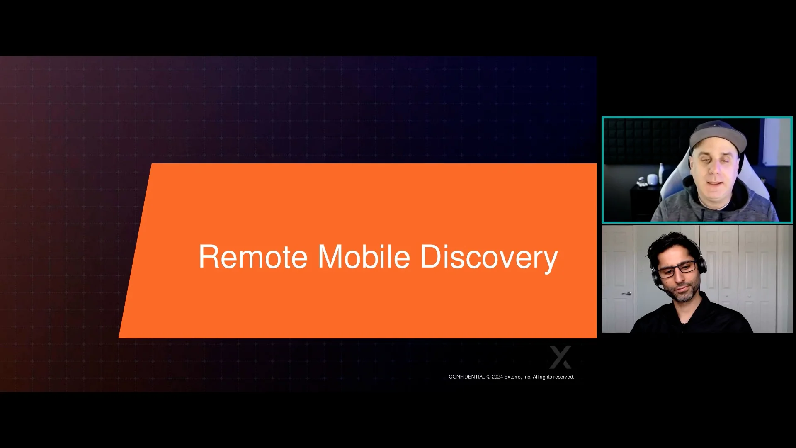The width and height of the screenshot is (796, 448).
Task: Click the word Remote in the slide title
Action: click(253, 257)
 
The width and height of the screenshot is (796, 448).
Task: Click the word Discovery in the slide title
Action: click(489, 257)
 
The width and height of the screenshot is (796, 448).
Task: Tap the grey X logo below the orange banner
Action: click(560, 357)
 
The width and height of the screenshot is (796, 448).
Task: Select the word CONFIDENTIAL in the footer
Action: click(466, 377)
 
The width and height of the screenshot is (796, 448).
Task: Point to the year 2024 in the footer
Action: click(497, 377)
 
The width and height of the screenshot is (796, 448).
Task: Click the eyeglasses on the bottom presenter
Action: click(677, 269)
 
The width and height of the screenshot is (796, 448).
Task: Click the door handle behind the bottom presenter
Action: click(627, 293)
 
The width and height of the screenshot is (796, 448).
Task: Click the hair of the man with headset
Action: click(672, 245)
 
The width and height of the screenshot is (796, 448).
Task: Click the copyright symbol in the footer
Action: click(488, 377)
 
